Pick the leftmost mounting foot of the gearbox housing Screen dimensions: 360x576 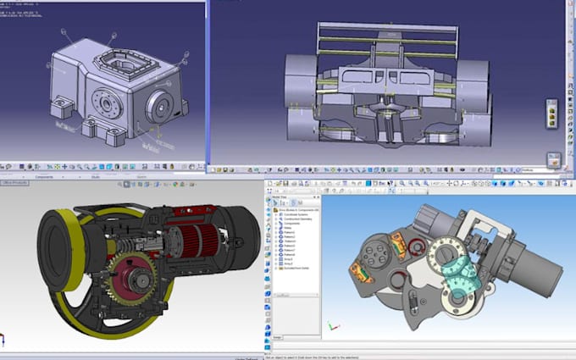(x=60, y=108)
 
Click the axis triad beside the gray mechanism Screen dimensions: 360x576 (x=333, y=327)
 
